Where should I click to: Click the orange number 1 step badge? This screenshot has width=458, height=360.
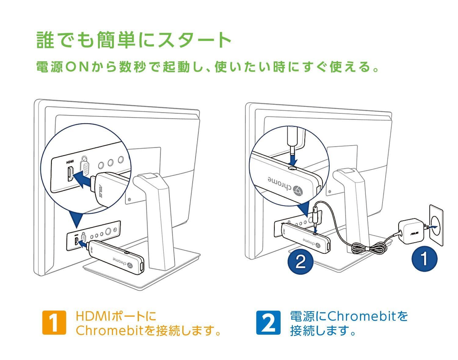[54, 322]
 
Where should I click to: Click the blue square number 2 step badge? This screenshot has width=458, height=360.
[268, 322]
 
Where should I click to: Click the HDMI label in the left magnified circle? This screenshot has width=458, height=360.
[70, 162]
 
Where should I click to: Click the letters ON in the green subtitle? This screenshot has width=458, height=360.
[78, 67]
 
